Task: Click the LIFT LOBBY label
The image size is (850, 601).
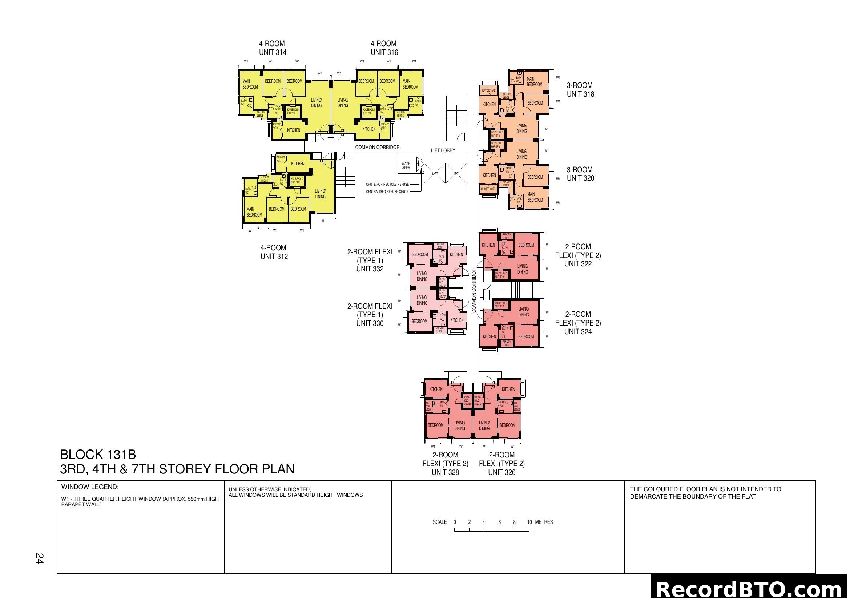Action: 443,151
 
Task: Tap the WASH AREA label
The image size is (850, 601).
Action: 406,166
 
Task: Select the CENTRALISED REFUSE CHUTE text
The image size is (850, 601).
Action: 387,192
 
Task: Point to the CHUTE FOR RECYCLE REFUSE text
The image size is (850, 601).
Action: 387,184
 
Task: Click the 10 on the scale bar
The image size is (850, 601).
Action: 529,522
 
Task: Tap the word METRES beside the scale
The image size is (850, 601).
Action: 544,522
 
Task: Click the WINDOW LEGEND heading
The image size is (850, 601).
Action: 90,487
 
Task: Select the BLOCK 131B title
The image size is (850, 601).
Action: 98,455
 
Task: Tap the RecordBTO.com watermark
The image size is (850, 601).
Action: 750,589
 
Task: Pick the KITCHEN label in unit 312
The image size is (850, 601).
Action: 298,164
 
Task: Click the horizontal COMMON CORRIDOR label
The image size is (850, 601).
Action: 377,147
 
